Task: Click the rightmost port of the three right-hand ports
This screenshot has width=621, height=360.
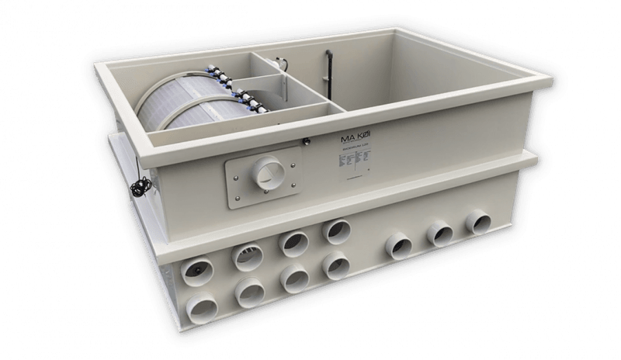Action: pyautogui.click(x=475, y=223)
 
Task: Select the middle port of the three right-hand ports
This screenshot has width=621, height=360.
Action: pyautogui.click(x=440, y=232)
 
